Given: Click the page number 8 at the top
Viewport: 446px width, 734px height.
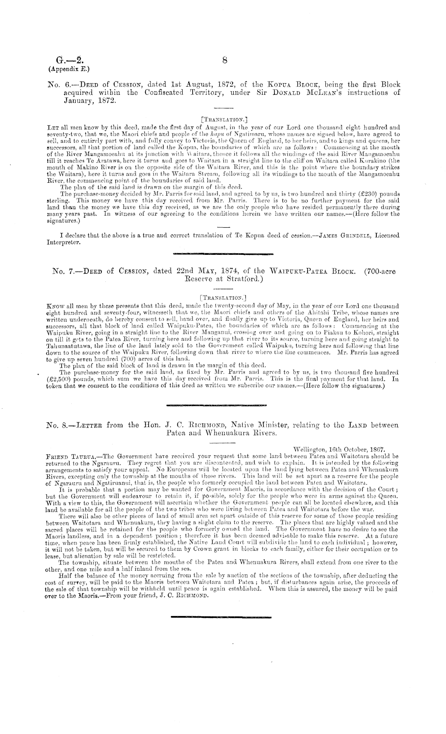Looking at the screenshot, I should point(225,60).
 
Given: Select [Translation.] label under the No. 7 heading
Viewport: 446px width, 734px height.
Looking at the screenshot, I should point(223,298).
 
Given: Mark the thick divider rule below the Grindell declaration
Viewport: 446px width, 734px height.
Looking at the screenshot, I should point(222,254).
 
